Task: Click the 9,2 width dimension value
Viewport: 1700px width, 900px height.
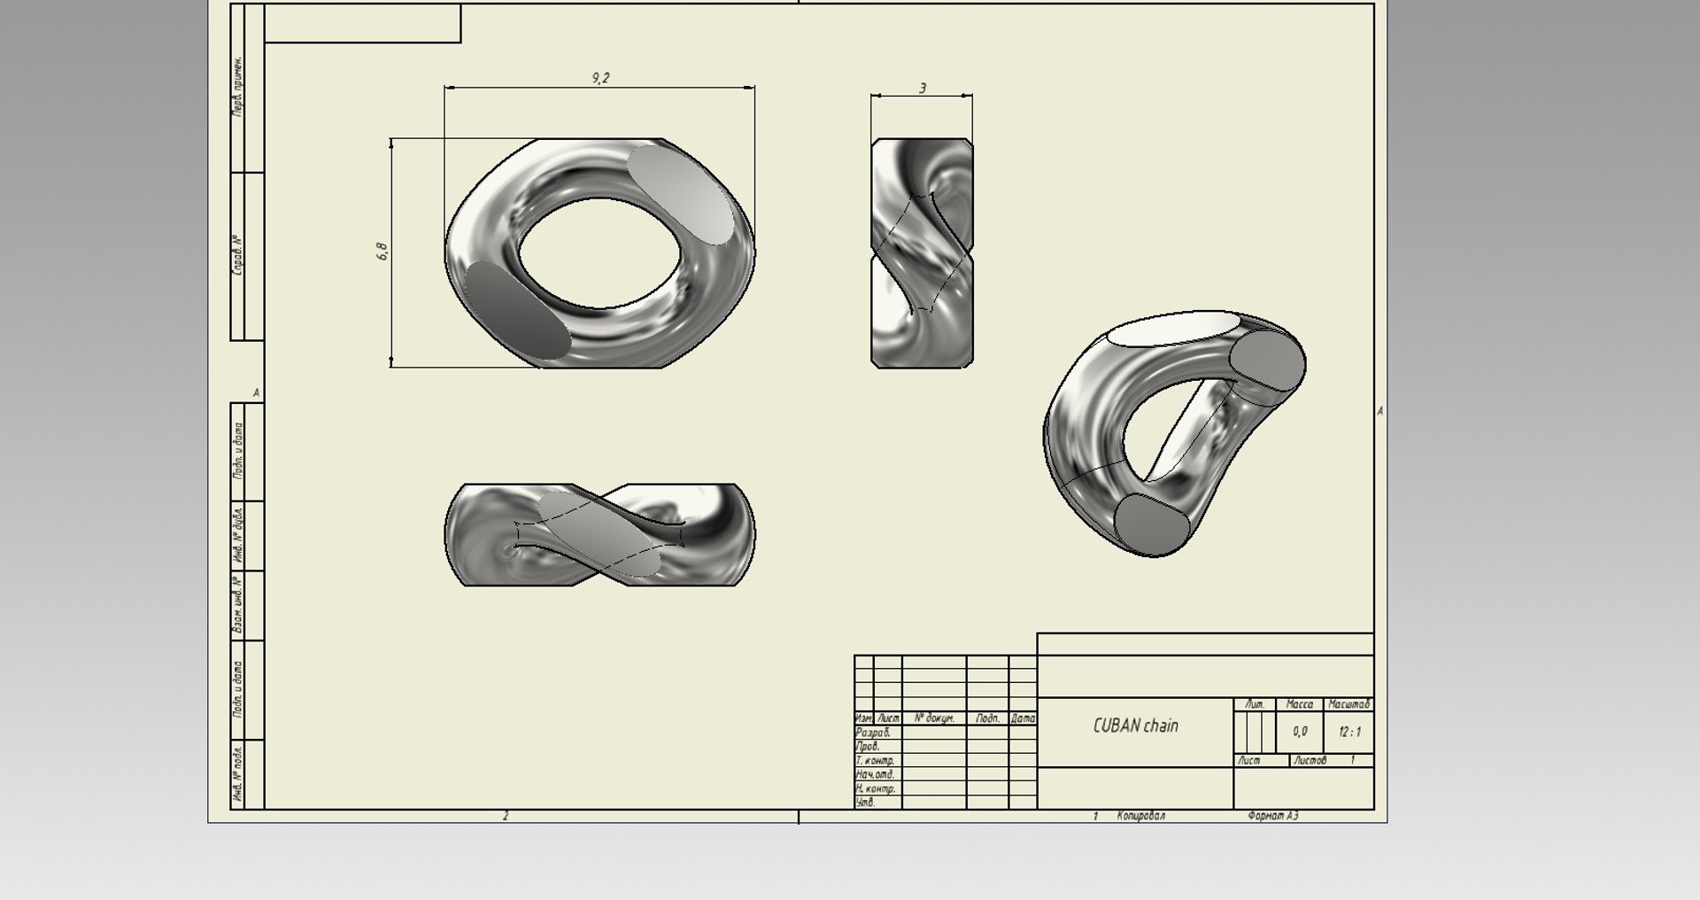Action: tap(600, 78)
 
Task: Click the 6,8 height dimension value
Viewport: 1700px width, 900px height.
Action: tap(382, 251)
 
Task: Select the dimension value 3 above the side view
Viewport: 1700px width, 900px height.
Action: tap(923, 88)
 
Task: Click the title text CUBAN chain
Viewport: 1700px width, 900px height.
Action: tap(1135, 725)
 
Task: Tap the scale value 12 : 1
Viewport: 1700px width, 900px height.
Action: tap(1349, 732)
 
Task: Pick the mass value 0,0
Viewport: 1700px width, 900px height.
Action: tap(1299, 732)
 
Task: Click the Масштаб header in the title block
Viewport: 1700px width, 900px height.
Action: tap(1348, 704)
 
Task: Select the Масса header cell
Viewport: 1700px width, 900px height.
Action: tap(1299, 704)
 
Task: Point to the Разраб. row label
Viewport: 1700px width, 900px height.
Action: tap(873, 733)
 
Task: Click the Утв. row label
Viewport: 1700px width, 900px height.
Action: tap(865, 803)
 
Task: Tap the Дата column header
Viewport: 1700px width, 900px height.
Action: tap(1023, 718)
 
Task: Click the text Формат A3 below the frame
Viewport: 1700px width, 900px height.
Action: tap(1272, 816)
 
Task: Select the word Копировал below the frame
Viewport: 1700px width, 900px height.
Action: tap(1140, 816)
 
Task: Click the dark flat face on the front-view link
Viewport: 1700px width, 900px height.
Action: tap(516, 310)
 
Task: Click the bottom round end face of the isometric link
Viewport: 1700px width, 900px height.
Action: tap(1151, 524)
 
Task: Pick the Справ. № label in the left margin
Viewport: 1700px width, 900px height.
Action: tap(237, 255)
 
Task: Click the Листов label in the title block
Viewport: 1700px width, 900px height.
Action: tap(1310, 760)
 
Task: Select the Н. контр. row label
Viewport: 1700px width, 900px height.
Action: tap(875, 788)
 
